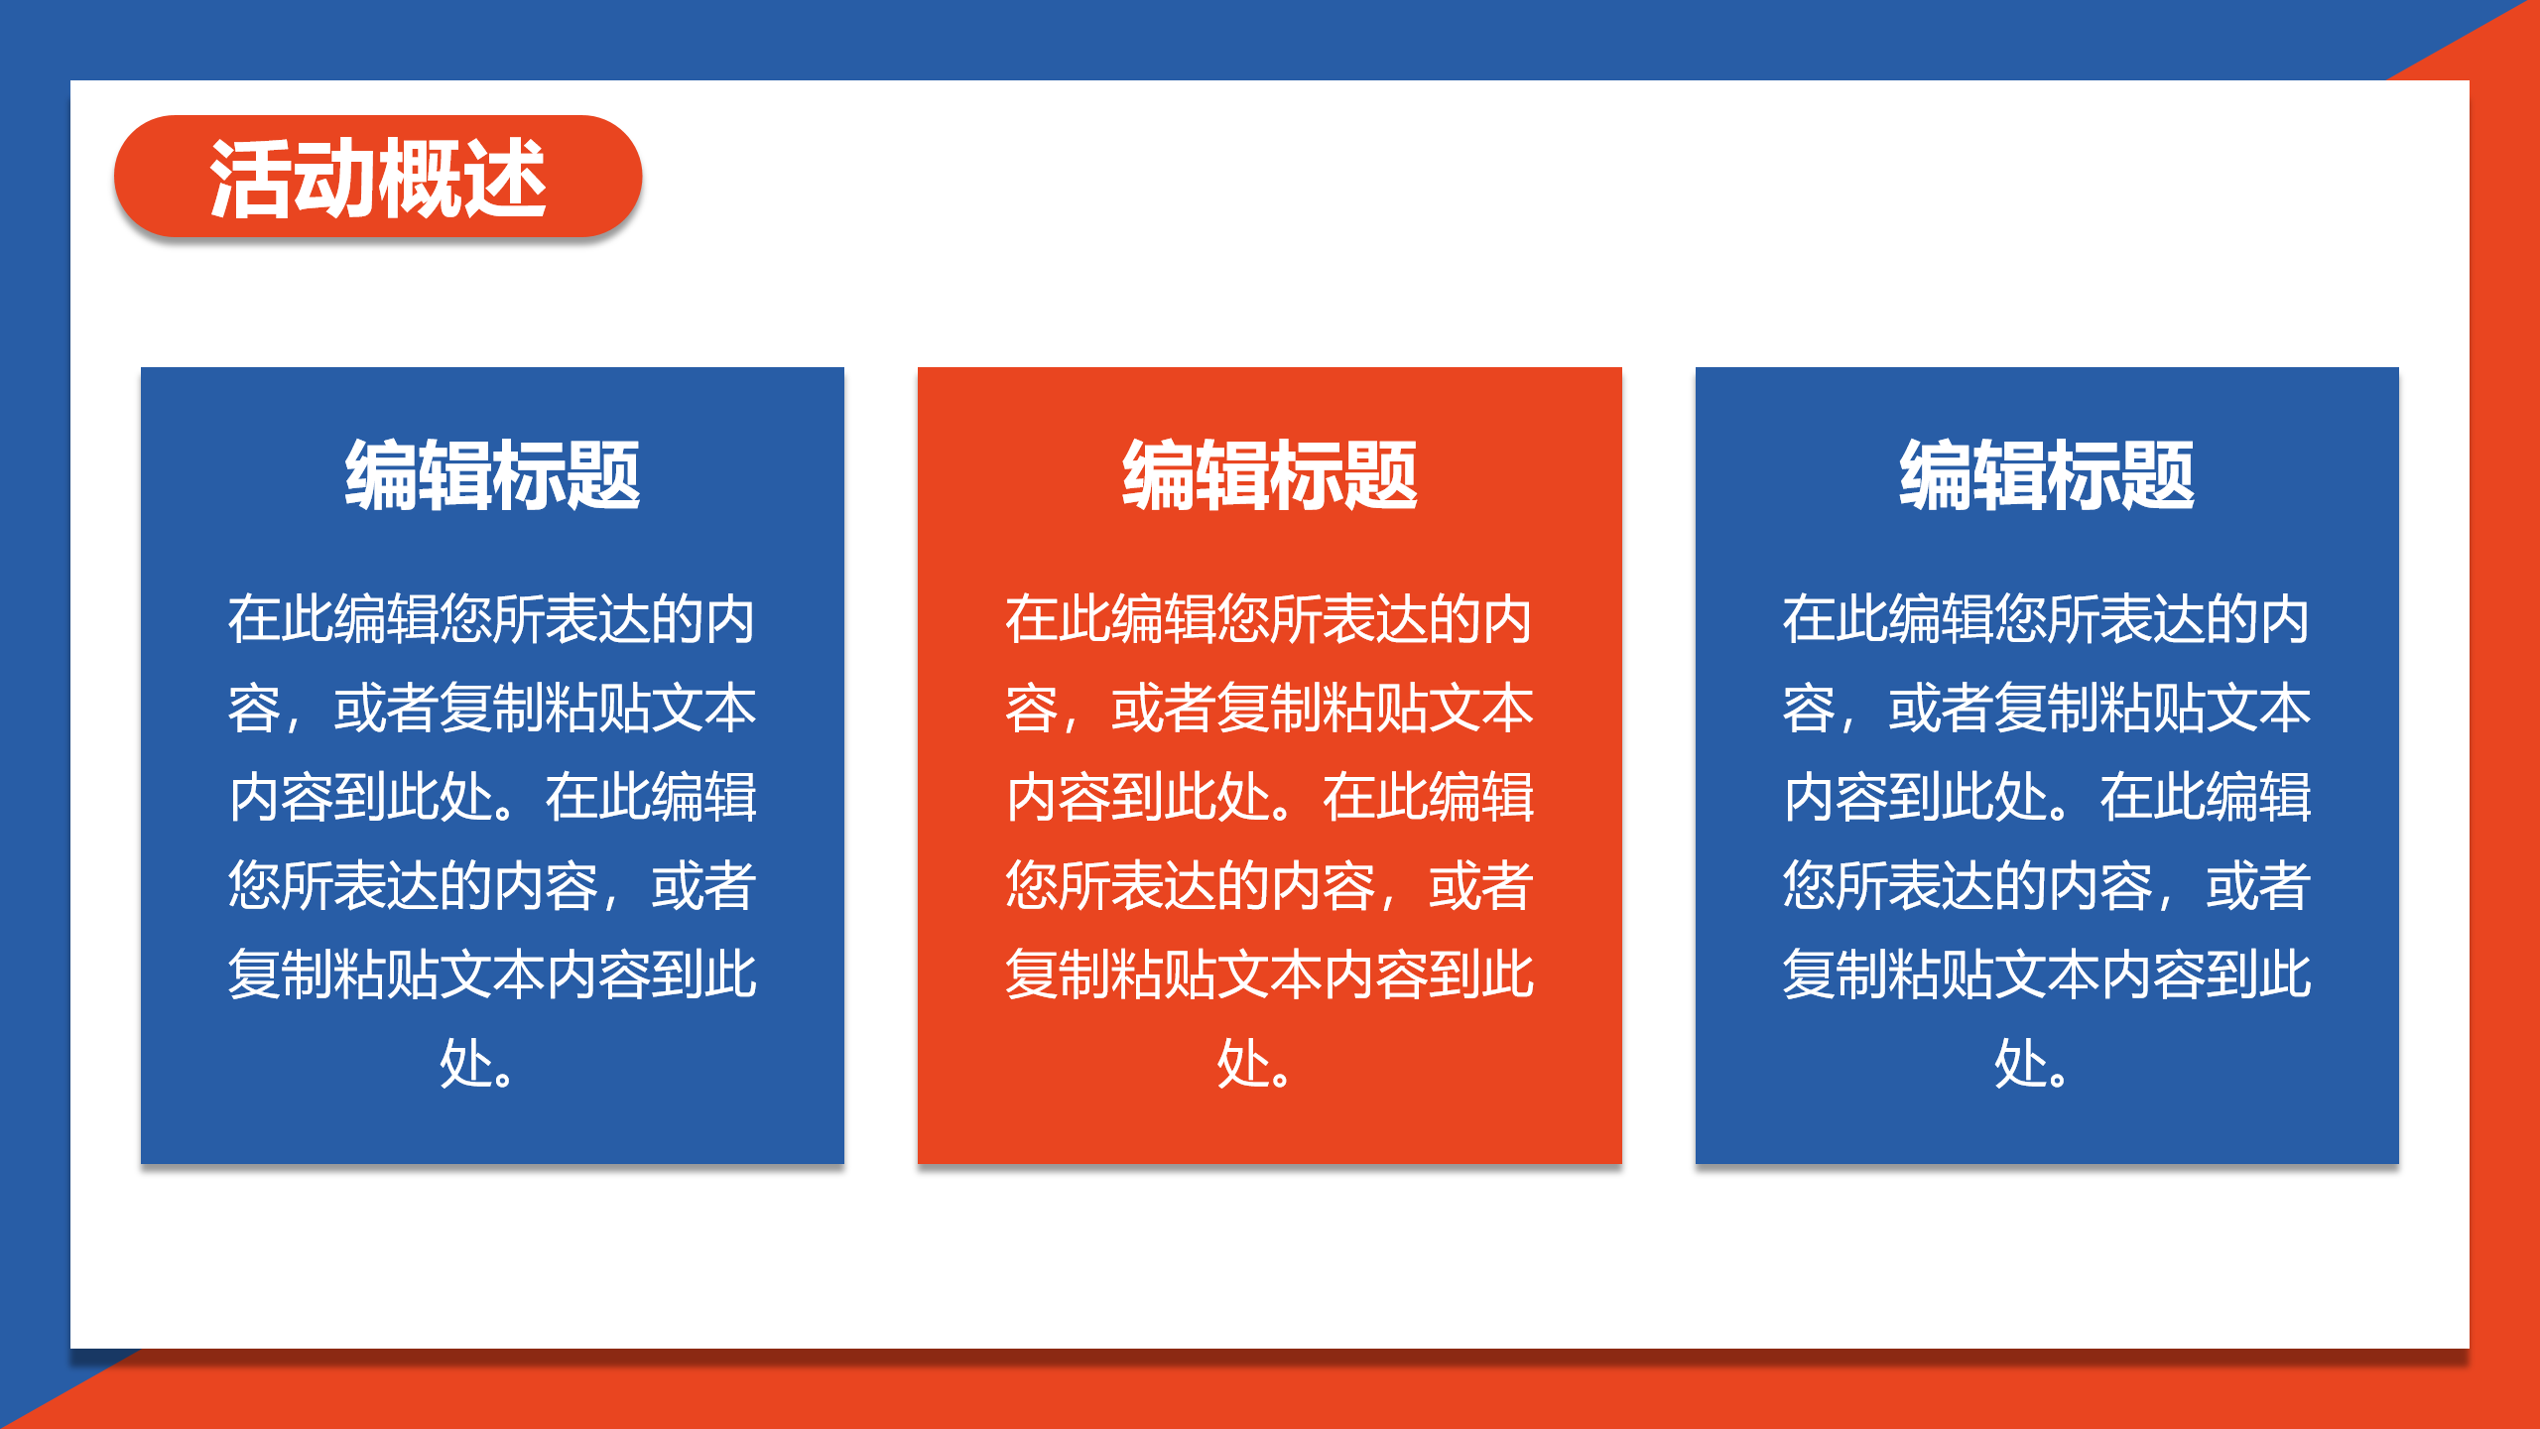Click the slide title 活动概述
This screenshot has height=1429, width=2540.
[378, 179]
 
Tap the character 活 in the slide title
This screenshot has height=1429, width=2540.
[251, 179]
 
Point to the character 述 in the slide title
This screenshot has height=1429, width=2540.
[505, 179]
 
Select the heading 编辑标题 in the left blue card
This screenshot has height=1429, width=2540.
[492, 476]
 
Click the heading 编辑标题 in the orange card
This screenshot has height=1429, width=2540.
[1270, 476]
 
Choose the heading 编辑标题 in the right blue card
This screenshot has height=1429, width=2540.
[2047, 476]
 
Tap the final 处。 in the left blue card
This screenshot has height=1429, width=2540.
[476, 1064]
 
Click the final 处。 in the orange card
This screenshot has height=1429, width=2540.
[1254, 1064]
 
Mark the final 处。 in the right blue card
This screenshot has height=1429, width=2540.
[2031, 1064]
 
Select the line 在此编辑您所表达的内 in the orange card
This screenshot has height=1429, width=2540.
[1270, 619]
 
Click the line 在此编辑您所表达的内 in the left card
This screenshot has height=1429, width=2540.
[492, 619]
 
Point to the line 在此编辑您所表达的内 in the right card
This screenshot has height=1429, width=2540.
[2047, 619]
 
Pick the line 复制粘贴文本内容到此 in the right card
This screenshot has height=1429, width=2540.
[2047, 974]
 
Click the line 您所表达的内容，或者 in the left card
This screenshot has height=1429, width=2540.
[492, 886]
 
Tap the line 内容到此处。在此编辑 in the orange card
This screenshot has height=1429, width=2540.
[1270, 797]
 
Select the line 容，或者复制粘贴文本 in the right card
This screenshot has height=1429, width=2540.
[2047, 709]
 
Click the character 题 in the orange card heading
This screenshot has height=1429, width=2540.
[1381, 476]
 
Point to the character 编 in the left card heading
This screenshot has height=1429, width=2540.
[382, 476]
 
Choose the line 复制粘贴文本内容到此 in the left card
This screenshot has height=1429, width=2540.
[492, 974]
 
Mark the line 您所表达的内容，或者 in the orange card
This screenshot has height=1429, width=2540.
[1270, 886]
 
